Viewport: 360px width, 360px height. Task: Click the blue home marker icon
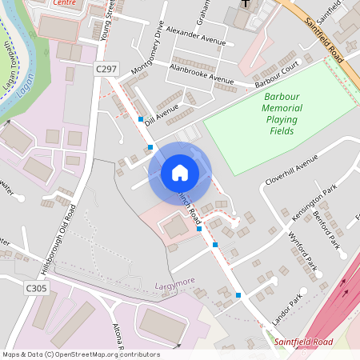180,172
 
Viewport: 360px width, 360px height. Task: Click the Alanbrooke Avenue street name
201,74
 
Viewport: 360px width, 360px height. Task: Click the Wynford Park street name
303,250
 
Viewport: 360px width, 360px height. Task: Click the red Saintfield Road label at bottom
303,342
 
